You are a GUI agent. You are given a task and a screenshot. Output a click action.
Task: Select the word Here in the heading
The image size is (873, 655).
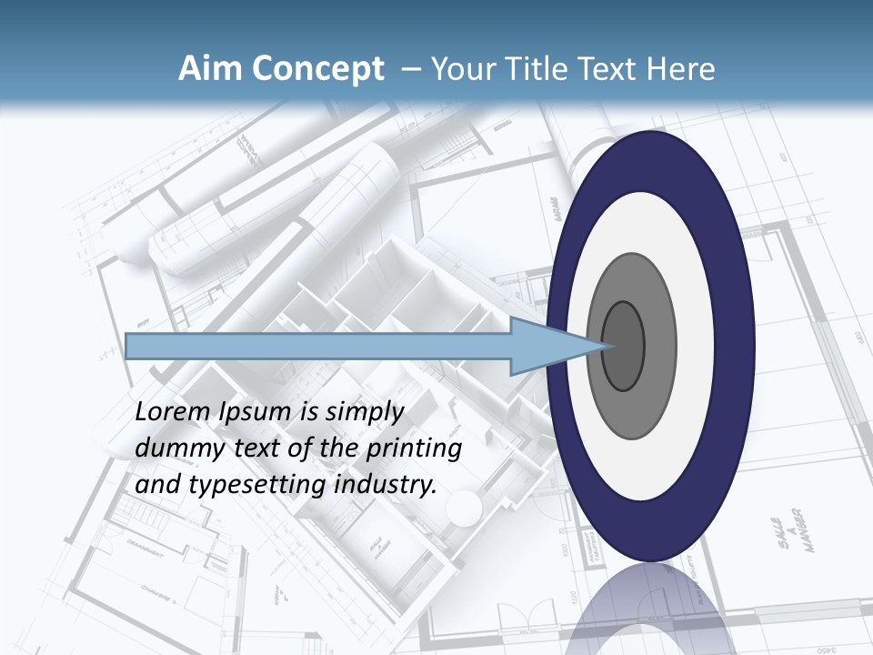680,69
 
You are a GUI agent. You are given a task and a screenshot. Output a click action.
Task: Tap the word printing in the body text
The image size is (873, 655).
415,449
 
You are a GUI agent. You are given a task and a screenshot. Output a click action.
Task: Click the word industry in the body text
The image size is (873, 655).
386,486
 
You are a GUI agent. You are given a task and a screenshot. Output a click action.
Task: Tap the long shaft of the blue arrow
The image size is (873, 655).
318,346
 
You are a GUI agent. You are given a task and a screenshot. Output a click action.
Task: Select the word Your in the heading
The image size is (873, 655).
459,69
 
